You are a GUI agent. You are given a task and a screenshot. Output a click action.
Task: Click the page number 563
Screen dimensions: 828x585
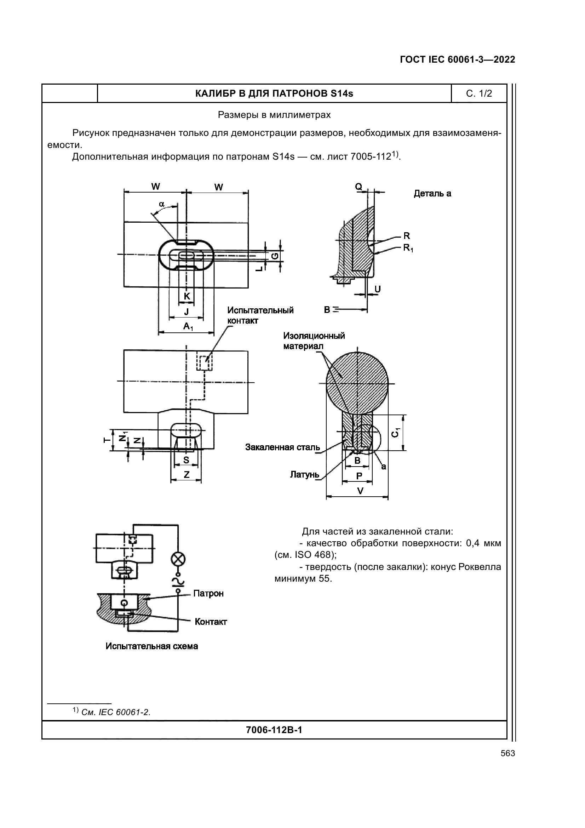tap(507, 753)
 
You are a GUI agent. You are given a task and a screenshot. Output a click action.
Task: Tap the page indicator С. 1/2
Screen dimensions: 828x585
tap(479, 93)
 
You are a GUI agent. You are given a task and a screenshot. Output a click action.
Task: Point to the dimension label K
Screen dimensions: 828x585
tap(187, 296)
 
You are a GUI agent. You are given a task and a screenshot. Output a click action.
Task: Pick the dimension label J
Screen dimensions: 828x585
tap(187, 312)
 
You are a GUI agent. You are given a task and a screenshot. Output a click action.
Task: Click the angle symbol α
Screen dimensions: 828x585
tap(162, 204)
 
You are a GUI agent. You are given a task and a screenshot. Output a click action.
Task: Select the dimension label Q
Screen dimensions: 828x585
tap(358, 187)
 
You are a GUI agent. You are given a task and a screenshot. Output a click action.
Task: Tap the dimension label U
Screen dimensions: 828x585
tap(377, 289)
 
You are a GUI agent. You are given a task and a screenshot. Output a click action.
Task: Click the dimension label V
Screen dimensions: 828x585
tap(359, 491)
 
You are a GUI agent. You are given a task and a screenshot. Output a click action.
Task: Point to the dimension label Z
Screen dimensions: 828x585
tap(187, 475)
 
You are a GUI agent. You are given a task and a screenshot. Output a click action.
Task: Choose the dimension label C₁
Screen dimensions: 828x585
tap(395, 432)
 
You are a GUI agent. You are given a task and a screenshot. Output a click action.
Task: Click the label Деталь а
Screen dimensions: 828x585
tap(432, 194)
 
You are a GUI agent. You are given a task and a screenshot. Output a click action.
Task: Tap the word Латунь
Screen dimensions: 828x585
tap(305, 475)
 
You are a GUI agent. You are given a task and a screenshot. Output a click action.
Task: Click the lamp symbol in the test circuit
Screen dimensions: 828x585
tap(178, 559)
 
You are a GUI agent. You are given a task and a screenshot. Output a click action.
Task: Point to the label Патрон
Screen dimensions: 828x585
tap(208, 593)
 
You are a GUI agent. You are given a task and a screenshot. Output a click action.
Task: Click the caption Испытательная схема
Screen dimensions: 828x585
tap(152, 646)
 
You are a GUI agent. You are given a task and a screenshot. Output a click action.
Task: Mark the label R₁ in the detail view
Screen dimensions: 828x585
tap(408, 248)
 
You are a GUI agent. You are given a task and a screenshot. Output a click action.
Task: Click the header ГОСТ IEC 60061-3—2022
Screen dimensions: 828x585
tap(457, 59)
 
